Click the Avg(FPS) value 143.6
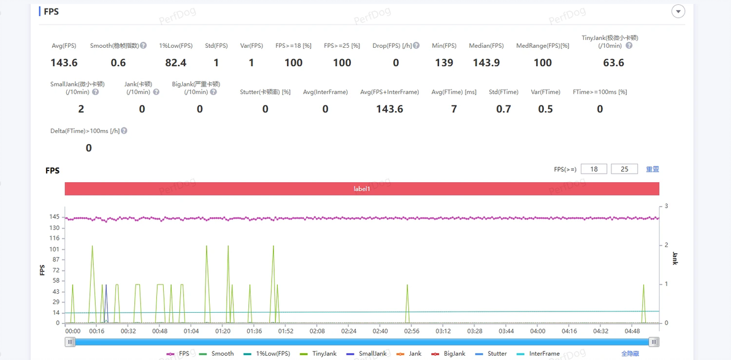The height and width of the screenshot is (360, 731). tap(64, 63)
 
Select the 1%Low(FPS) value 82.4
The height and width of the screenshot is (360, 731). tap(176, 63)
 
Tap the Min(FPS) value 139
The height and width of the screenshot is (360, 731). tap(444, 63)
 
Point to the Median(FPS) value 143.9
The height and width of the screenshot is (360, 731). tap(486, 63)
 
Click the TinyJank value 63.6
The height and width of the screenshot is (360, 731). tap(613, 63)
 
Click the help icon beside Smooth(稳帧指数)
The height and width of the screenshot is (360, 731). tap(144, 46)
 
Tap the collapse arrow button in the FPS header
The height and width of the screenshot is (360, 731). tap(678, 12)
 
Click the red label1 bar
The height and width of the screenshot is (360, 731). tap(362, 189)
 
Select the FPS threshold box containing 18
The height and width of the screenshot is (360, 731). tap(594, 169)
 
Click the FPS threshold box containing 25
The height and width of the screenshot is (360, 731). tap(624, 169)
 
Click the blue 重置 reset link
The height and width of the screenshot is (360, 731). tap(653, 169)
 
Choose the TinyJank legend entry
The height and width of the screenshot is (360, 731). tap(319, 353)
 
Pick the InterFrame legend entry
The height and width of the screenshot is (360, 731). tap(538, 353)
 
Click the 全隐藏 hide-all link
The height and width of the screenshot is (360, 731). tap(630, 353)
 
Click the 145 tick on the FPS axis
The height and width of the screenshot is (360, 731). tap(55, 217)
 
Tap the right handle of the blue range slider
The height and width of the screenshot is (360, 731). tap(654, 342)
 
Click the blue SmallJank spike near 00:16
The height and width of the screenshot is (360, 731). tap(106, 303)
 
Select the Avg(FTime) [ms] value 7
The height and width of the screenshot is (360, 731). tap(454, 109)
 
